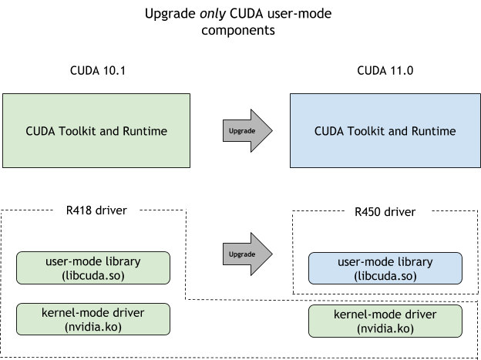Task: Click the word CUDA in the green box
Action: click(x=42, y=131)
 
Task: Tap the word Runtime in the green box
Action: click(x=144, y=131)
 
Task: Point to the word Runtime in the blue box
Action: click(x=432, y=131)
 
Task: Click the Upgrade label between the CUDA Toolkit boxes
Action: click(x=242, y=131)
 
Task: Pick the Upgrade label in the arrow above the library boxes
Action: click(x=242, y=254)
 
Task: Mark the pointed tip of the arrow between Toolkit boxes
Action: click(x=271, y=131)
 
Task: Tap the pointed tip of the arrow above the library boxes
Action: click(x=271, y=254)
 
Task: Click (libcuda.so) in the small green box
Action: click(x=92, y=275)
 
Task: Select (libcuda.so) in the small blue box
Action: click(x=385, y=276)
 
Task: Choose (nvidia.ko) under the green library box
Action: click(x=92, y=327)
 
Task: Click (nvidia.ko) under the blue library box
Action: click(x=385, y=328)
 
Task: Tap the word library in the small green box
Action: click(x=123, y=261)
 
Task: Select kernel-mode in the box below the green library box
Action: click(x=73, y=313)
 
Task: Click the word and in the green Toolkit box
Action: click(x=111, y=131)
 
